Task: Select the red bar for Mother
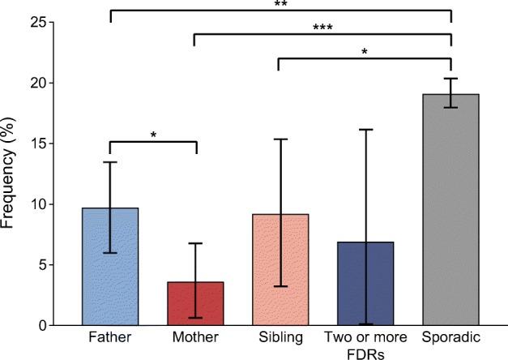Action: click(x=195, y=303)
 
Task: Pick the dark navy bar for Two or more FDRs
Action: click(x=365, y=283)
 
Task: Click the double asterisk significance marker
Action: click(x=280, y=4)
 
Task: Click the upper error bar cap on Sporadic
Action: click(x=451, y=79)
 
